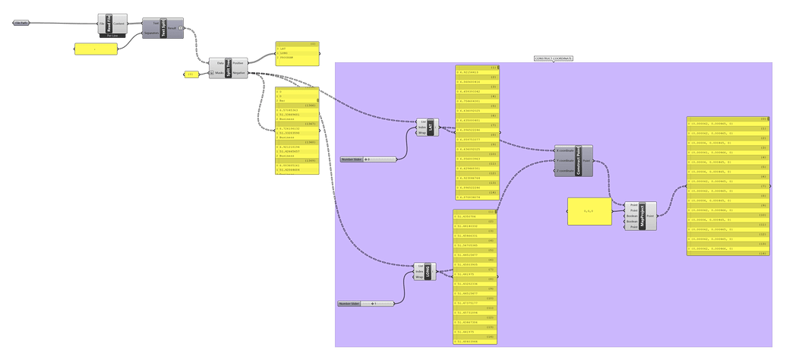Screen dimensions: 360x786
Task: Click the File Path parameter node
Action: (x=21, y=23)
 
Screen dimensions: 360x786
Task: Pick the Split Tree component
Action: (x=228, y=68)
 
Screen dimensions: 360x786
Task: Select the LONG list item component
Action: (x=432, y=271)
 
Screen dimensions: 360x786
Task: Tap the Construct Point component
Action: (x=579, y=161)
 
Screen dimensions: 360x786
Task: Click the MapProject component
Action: (x=642, y=216)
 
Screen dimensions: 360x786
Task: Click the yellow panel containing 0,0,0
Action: (x=589, y=211)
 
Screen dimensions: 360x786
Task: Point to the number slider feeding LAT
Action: (x=368, y=159)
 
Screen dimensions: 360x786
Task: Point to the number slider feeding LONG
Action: (x=368, y=304)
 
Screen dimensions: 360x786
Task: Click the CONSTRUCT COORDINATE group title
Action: (x=554, y=58)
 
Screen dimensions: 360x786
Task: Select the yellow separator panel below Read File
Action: (x=96, y=49)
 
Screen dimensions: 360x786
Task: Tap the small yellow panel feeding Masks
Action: (x=191, y=74)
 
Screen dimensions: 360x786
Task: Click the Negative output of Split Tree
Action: (x=238, y=74)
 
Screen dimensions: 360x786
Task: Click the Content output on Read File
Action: (x=121, y=24)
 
